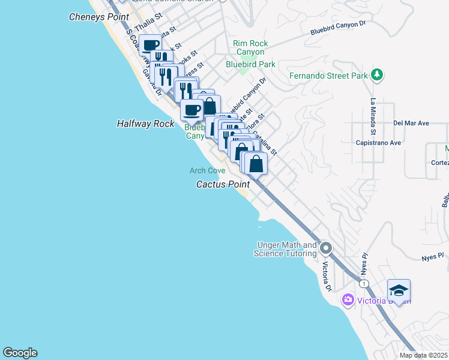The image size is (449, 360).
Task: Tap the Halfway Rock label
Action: tap(145, 124)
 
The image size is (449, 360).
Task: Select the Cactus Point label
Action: tap(223, 184)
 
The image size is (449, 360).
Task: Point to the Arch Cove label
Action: tap(207, 171)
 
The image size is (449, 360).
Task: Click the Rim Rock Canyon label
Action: tap(250, 48)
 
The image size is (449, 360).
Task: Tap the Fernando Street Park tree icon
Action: tap(377, 76)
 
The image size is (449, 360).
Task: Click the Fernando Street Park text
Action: tap(328, 76)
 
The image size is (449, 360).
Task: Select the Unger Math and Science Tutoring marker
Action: tap(326, 247)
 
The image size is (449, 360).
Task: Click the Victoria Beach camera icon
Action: tap(348, 299)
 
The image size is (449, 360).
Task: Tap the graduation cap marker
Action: tap(399, 291)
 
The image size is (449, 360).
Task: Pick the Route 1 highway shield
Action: tap(363, 283)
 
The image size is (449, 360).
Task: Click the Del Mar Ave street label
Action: tap(411, 123)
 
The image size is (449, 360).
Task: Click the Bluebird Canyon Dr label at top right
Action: tap(338, 28)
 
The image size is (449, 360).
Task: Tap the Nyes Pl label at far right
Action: tap(432, 256)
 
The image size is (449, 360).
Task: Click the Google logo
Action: tap(20, 353)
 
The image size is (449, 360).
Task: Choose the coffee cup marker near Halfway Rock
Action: tap(192, 110)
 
